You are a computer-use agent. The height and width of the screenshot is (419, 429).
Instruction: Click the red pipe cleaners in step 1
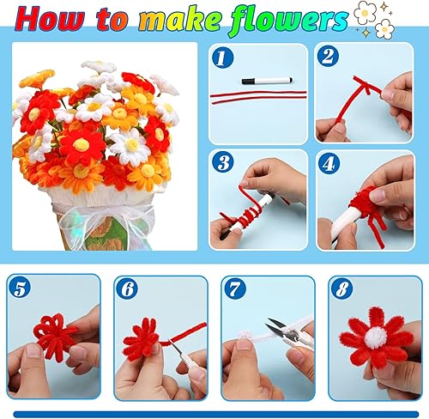[x=258, y=95]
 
